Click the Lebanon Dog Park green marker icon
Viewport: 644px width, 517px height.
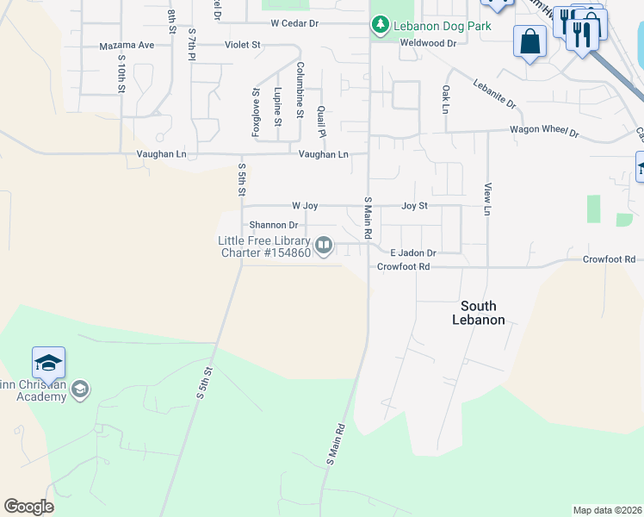pos(380,26)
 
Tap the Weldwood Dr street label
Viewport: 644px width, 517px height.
pos(428,43)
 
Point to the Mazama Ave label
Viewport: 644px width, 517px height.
pos(127,45)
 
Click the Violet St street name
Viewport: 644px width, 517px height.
pos(242,45)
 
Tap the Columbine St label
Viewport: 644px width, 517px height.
pos(300,89)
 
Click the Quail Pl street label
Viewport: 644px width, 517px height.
pos(321,121)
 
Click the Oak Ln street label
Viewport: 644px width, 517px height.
pos(445,99)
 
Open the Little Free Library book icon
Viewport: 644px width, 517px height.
pos(324,247)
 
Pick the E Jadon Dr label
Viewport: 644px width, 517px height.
pos(413,253)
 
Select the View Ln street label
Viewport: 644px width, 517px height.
pos(487,199)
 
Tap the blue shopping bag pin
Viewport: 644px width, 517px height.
pos(529,41)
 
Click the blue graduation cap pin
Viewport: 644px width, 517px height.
pos(49,363)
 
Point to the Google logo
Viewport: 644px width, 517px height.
pos(28,507)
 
